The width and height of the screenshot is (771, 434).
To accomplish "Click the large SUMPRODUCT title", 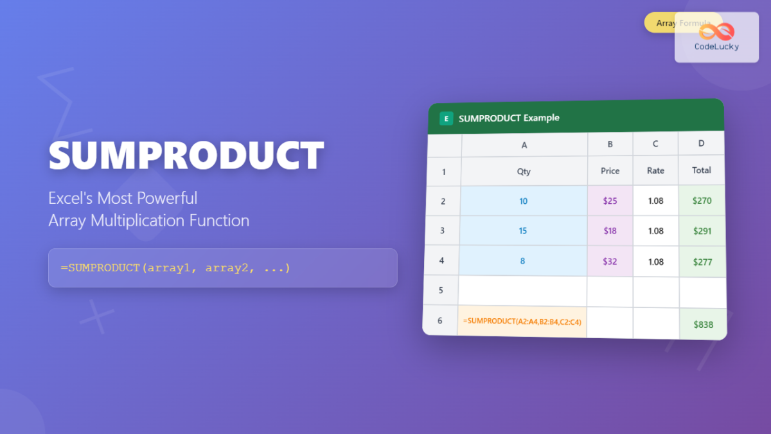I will coord(186,154).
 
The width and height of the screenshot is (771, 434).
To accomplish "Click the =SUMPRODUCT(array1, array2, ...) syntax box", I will coord(222,267).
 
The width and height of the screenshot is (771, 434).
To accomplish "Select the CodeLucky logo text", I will coord(716,46).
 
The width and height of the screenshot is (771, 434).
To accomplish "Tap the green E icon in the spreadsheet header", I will coord(446,118).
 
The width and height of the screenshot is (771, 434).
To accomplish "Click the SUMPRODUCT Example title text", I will coord(509,118).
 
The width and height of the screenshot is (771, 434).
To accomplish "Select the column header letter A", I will coord(524,145).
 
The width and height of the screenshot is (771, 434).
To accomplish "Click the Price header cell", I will coord(610,170).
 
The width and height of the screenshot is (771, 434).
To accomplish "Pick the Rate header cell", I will coord(655,170).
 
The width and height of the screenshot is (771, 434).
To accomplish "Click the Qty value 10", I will coord(523,201).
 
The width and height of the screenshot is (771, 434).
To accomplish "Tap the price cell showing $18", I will coord(610,231).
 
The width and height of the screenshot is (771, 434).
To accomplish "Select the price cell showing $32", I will coord(610,261).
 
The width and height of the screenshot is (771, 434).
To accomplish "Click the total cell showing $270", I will coord(702,201).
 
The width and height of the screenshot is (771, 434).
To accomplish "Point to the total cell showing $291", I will coord(702,231).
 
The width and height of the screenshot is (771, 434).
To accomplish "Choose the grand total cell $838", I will coord(704,325).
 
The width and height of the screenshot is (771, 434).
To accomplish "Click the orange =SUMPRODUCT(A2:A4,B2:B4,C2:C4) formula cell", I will coord(522,320).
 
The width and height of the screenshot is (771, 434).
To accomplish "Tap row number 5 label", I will coord(441,290).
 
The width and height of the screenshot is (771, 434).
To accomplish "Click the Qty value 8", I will coord(523,261).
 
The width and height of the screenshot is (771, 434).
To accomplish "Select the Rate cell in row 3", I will coord(655,231).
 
